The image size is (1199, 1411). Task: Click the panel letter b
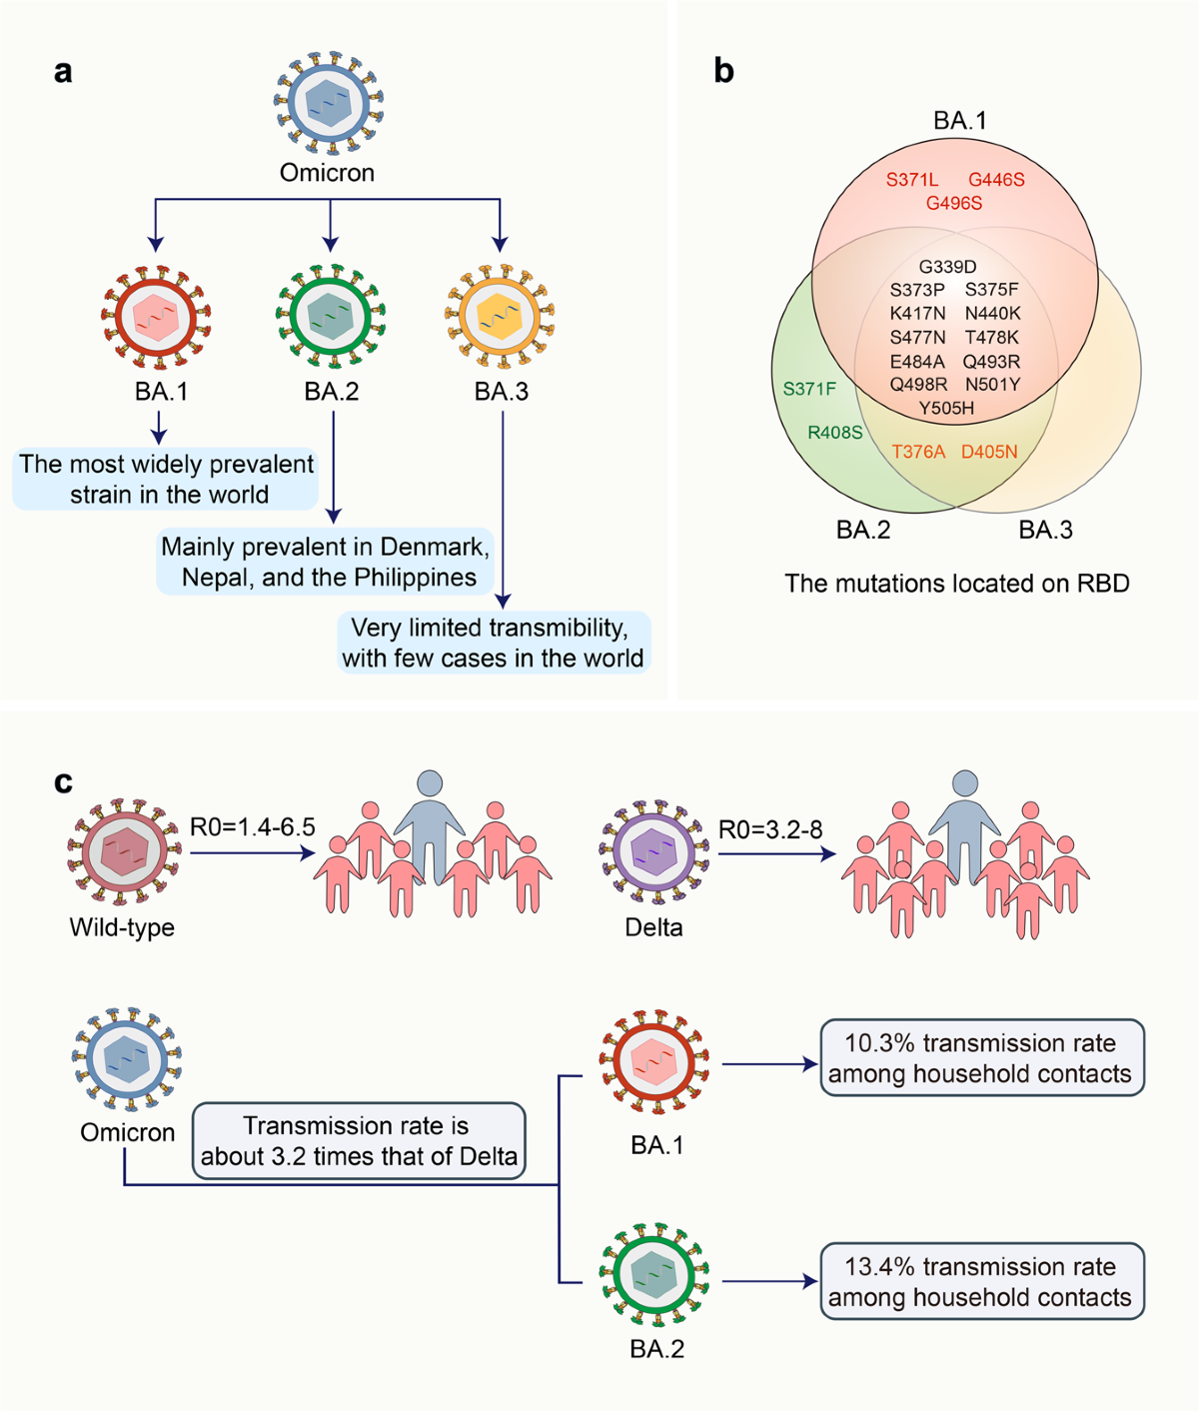tap(724, 70)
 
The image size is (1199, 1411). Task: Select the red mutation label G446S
tap(996, 180)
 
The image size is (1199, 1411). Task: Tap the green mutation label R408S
tap(834, 432)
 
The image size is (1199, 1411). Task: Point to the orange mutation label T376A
tap(918, 452)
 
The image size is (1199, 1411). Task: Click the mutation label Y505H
tap(946, 409)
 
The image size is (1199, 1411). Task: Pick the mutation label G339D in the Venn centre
tap(947, 266)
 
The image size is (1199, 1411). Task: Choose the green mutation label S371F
tap(809, 389)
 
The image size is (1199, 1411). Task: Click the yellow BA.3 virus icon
tap(501, 317)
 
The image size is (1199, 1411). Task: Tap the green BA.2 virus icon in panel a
tap(331, 317)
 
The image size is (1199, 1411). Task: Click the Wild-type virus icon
tap(124, 851)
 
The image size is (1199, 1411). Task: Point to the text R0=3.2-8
tap(770, 829)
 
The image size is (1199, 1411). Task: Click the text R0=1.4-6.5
tap(253, 827)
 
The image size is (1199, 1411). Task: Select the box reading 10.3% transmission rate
tap(982, 1058)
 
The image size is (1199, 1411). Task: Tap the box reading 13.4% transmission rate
tap(982, 1282)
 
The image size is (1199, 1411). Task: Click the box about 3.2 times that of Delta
tap(359, 1141)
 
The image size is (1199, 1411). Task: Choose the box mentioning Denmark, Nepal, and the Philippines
tap(326, 562)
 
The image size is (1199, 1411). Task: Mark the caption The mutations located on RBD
tap(957, 584)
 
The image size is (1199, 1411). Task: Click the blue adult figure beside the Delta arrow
tap(965, 827)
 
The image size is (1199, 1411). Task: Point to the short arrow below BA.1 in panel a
tap(159, 428)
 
